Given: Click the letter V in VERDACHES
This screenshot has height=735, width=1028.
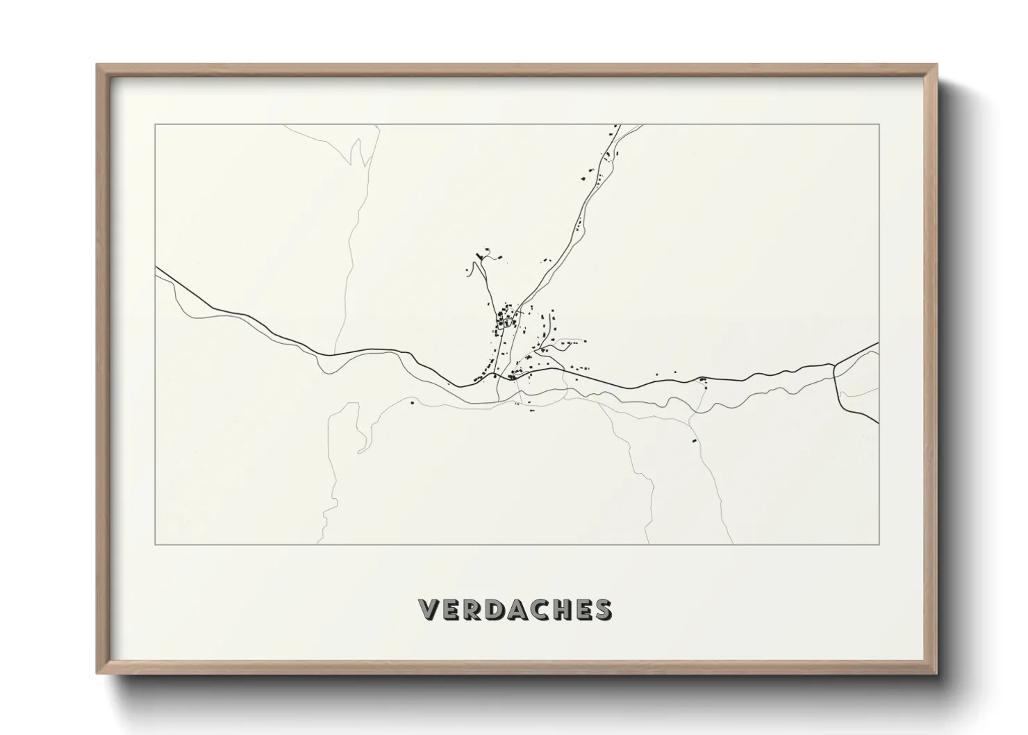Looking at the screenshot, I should coord(431,609).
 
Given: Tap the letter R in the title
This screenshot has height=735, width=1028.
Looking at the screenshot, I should coord(475,609).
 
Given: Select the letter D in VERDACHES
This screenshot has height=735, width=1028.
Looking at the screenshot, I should coord(499,609).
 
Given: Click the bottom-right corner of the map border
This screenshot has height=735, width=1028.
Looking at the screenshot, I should coord(879,544).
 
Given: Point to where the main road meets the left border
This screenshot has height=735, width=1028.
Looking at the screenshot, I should coord(156,267).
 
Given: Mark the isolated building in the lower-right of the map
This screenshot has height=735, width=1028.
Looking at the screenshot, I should coord(693,440).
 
